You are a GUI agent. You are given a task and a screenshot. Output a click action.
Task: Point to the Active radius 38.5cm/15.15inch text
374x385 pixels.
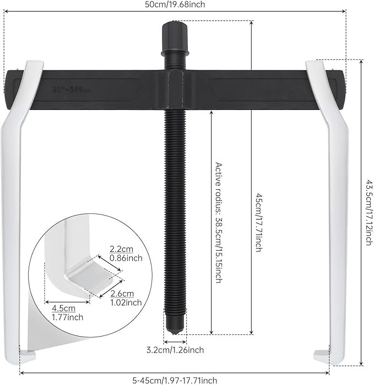click(218, 222)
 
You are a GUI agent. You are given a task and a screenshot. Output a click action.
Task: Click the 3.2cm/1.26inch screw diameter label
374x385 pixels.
click(175, 349)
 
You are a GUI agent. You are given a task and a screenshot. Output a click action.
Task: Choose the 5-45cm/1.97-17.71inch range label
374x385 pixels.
click(175, 380)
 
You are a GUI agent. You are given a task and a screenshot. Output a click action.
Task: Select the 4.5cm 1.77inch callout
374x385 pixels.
click(56, 312)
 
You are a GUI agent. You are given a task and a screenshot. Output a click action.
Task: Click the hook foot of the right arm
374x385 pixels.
click(322, 355)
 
